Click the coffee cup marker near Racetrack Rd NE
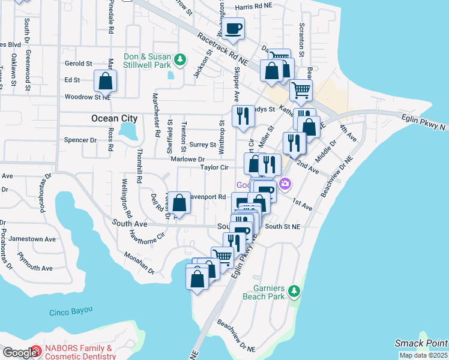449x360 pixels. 234,28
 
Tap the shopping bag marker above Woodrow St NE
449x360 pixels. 105,81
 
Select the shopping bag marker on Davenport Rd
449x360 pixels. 179,203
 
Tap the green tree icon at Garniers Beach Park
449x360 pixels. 294,291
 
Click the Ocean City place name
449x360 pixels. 114,118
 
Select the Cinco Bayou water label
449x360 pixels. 71,310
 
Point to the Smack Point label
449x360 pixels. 421,343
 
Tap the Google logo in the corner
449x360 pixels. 20,353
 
